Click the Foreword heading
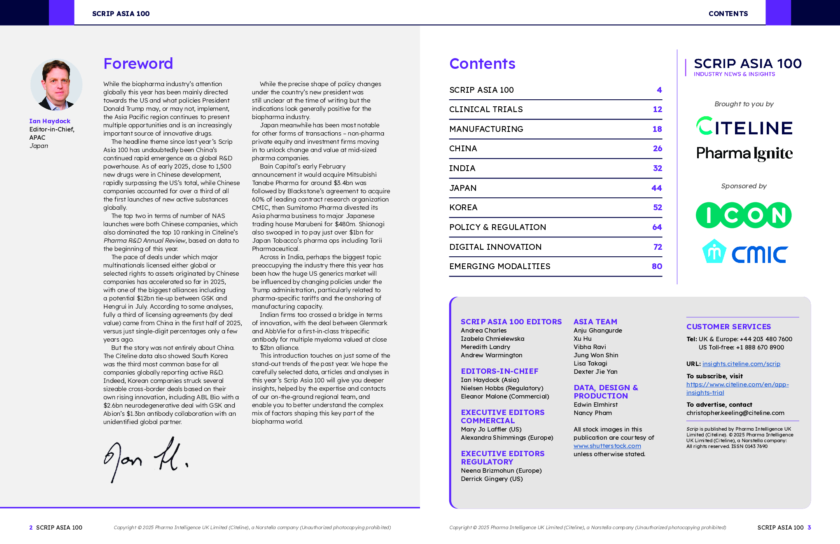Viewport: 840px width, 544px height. [138, 63]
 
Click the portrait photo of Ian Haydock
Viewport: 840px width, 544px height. [56, 85]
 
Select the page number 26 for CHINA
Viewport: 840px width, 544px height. [657, 148]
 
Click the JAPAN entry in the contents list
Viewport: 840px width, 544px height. [463, 188]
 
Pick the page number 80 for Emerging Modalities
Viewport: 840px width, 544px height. [657, 266]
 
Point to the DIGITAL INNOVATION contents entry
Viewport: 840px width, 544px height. [495, 247]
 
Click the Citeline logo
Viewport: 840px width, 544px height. [744, 127]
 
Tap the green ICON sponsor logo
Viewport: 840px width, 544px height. [743, 215]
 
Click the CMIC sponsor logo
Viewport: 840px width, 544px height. [744, 252]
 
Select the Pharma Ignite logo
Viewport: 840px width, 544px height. [744, 153]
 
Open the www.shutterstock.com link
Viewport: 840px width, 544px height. [607, 446]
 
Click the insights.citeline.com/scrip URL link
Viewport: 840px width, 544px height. [741, 364]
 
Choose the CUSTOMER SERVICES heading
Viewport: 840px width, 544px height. [728, 327]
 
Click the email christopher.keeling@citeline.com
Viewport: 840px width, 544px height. [735, 413]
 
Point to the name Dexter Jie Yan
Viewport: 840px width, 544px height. [595, 372]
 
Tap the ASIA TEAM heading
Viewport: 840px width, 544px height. [595, 322]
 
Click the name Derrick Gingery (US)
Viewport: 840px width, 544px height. [492, 479]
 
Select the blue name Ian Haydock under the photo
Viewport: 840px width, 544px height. [50, 121]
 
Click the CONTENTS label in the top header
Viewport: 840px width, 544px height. [728, 14]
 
